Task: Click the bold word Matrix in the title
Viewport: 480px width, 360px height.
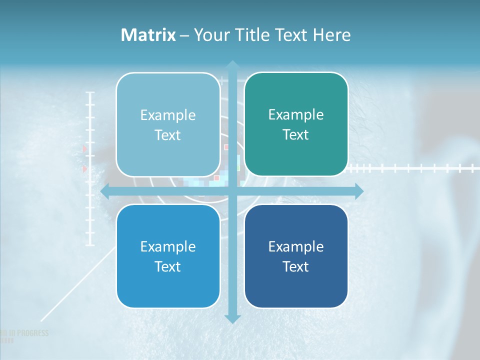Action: point(148,35)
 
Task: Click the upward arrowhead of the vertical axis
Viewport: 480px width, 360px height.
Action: point(232,65)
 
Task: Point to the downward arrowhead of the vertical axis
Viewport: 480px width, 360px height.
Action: point(232,318)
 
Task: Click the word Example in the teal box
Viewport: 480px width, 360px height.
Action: point(296,115)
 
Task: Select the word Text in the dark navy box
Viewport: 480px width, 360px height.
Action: point(296,266)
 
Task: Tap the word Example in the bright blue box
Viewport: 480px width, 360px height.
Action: point(168,246)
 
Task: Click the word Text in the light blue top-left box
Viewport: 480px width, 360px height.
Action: point(168,135)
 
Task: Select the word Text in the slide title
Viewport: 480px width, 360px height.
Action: point(293,35)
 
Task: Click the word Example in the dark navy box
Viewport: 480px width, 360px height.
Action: point(296,246)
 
